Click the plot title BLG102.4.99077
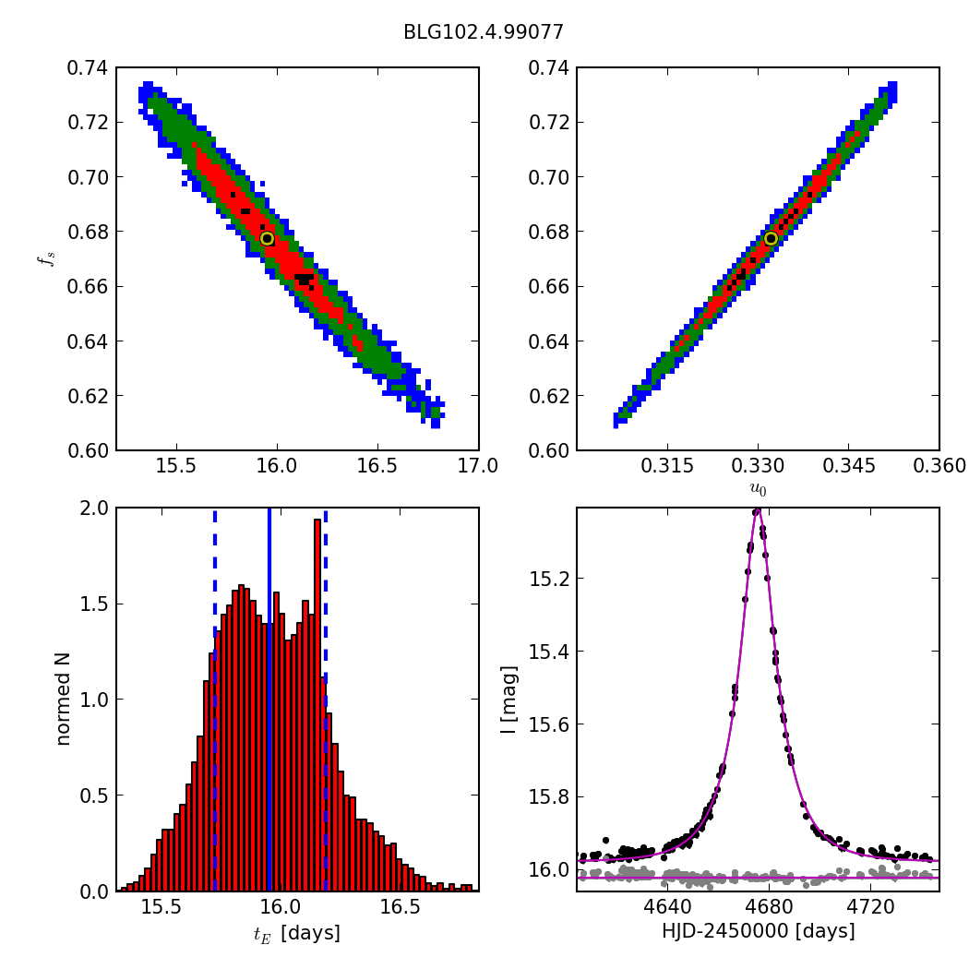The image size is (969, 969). click(x=483, y=32)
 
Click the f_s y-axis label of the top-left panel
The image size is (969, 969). click(x=43, y=259)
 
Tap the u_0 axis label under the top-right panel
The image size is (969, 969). click(x=758, y=488)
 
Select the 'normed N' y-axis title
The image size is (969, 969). click(x=63, y=699)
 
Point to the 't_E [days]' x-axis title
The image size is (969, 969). click(x=296, y=933)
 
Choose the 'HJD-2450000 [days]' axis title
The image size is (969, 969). click(x=758, y=931)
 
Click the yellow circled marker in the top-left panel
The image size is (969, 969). click(x=267, y=238)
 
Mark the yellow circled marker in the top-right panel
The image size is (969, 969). click(x=771, y=238)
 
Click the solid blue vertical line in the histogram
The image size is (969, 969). click(x=269, y=699)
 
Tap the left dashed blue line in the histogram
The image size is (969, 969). click(x=215, y=699)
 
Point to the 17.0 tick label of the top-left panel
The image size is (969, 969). click(x=477, y=465)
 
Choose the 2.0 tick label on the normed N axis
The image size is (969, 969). click(x=92, y=508)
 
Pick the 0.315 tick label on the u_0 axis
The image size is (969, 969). click(x=667, y=465)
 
